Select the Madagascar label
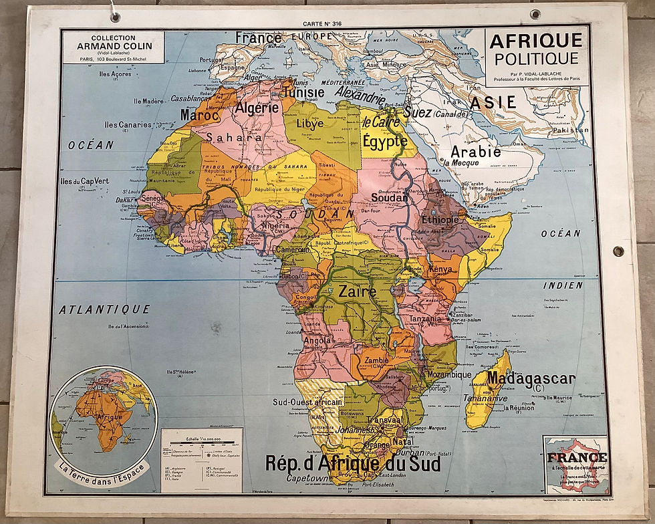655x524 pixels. [531, 379]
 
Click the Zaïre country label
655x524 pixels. [358, 292]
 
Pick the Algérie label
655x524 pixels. [257, 108]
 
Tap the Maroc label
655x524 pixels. [199, 115]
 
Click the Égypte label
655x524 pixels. [384, 141]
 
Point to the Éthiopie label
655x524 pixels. [440, 219]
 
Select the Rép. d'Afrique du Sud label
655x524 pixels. [353, 463]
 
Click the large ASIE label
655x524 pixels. [493, 102]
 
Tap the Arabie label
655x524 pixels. [475, 151]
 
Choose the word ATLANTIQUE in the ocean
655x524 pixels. [104, 309]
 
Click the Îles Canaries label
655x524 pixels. [128, 125]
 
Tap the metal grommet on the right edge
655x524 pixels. [618, 251]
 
